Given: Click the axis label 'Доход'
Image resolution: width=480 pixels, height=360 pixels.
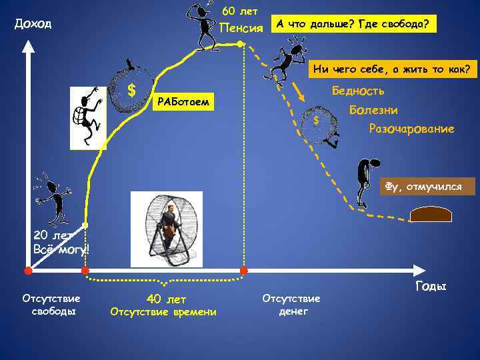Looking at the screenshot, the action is click(33, 25).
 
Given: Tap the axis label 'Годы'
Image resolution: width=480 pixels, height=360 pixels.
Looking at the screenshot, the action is click(430, 287).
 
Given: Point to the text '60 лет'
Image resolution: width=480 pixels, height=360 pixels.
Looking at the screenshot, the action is click(239, 11).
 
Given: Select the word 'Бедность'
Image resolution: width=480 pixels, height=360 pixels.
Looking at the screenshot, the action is click(358, 91).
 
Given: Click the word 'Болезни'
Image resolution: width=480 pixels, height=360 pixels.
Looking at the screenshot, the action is click(373, 109).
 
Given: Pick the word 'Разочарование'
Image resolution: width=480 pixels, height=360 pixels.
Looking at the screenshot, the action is click(411, 128).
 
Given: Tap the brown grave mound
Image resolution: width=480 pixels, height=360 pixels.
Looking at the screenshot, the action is click(431, 214).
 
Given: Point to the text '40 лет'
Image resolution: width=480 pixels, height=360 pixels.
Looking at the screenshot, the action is click(166, 299).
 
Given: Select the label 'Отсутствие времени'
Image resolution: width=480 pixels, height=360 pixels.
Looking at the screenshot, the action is click(163, 312).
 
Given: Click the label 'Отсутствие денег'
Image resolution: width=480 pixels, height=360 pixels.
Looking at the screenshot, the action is click(291, 305).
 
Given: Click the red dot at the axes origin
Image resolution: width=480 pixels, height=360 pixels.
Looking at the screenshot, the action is click(28, 271).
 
